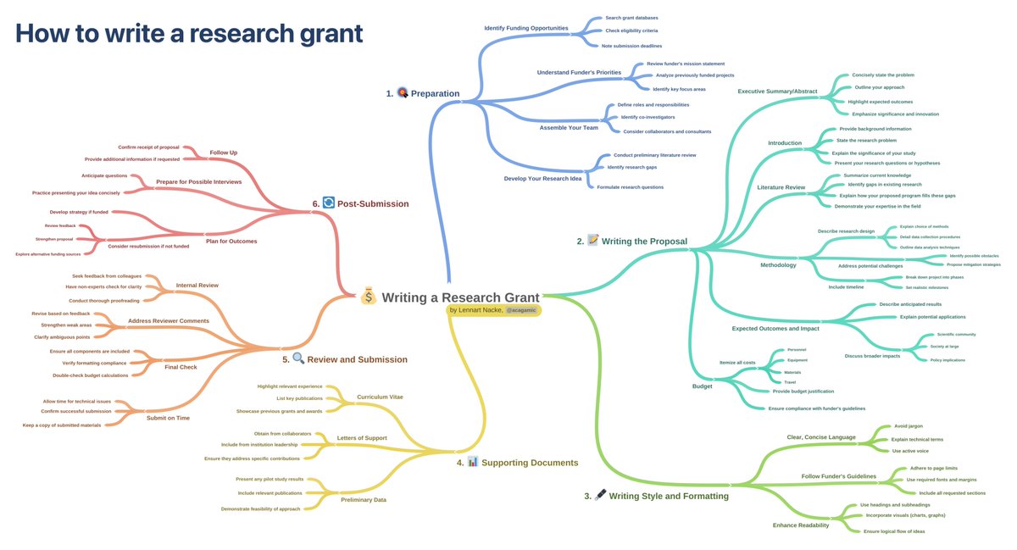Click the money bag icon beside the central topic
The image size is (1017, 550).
[367, 297]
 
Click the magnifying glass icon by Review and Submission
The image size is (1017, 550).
[297, 358]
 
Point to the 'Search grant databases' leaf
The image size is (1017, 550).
[631, 17]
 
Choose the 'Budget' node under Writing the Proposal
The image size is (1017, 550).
[702, 386]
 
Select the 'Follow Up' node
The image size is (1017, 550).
[223, 153]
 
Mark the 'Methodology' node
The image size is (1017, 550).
[778, 265]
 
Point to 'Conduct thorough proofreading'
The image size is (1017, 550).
[104, 301]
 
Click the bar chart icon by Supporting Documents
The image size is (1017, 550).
[473, 462]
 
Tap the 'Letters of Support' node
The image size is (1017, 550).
[362, 438]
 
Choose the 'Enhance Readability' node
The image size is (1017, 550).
[801, 525]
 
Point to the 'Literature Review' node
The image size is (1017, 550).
[781, 186]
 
